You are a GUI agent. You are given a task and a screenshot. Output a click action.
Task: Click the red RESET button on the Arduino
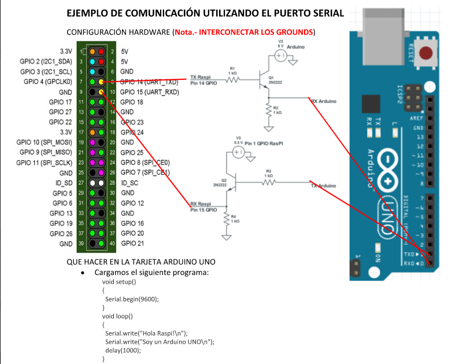[x=426, y=54]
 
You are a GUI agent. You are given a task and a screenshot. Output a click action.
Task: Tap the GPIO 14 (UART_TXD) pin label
[x=149, y=82]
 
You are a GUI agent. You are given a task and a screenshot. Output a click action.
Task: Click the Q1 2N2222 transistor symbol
[x=261, y=80]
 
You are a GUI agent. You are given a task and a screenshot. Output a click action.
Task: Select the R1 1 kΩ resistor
[x=232, y=79]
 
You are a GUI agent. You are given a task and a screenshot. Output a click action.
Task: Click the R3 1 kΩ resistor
[x=269, y=182]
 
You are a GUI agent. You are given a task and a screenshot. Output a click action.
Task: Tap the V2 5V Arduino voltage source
[x=280, y=56]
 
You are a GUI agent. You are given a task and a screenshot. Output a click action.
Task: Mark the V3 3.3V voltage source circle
[x=237, y=152]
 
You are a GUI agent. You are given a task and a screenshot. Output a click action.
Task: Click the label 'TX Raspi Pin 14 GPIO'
[x=203, y=80]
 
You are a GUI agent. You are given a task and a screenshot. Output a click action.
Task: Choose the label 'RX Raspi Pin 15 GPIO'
[x=203, y=208]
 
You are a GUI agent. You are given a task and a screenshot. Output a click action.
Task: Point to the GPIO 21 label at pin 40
[x=132, y=244]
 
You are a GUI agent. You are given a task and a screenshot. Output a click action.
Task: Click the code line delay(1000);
[x=123, y=350]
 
